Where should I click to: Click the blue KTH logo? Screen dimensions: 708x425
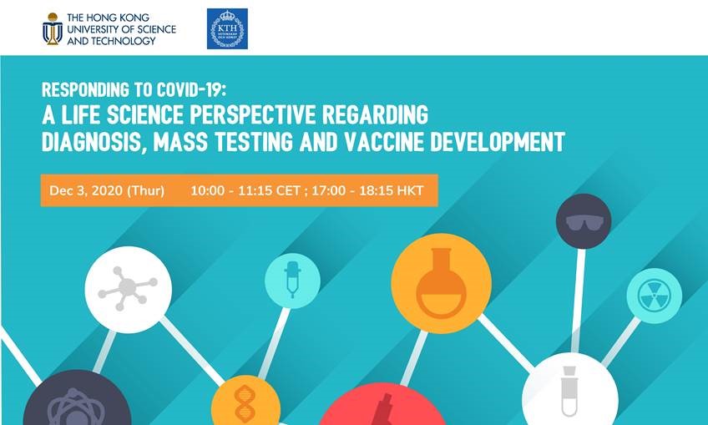pos(227,28)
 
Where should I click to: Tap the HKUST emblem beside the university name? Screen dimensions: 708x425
pos(53,29)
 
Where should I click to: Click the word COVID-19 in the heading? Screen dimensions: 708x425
pos(190,90)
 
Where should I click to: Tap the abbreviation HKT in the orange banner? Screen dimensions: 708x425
pos(410,190)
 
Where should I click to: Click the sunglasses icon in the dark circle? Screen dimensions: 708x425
pos(584,222)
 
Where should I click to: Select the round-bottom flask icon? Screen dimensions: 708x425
pos(441,284)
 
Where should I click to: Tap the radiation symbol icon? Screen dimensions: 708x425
pos(655,296)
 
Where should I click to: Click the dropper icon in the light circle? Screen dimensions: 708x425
pos(292,280)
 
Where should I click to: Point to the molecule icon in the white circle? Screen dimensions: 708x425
pos(128,288)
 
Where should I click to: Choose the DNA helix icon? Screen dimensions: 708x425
pos(245,404)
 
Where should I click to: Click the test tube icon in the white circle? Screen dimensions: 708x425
pos(569,391)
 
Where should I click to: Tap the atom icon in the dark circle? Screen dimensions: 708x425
pos(76,408)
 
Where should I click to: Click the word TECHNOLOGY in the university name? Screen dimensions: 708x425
pos(124,41)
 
